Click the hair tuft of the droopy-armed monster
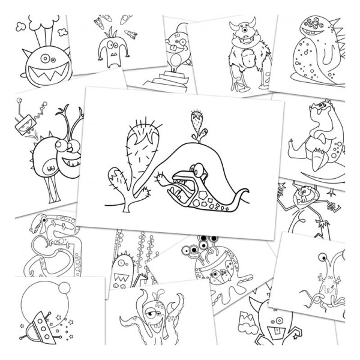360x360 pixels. tap(108, 36)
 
